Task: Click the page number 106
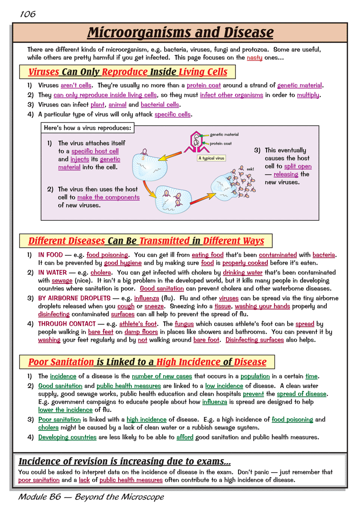click(x=27, y=14)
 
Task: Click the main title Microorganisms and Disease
click(x=180, y=33)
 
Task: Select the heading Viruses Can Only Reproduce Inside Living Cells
click(x=128, y=72)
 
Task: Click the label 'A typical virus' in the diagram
click(x=211, y=158)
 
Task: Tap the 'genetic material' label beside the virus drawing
click(x=224, y=134)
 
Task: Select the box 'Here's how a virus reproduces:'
click(x=87, y=128)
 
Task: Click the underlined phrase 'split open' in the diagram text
click(x=297, y=166)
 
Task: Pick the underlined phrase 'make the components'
click(x=108, y=197)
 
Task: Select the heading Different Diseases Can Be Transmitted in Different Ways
click(x=146, y=241)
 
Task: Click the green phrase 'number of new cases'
click(x=162, y=376)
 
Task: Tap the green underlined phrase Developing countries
click(x=67, y=437)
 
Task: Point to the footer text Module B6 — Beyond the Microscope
click(x=91, y=497)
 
